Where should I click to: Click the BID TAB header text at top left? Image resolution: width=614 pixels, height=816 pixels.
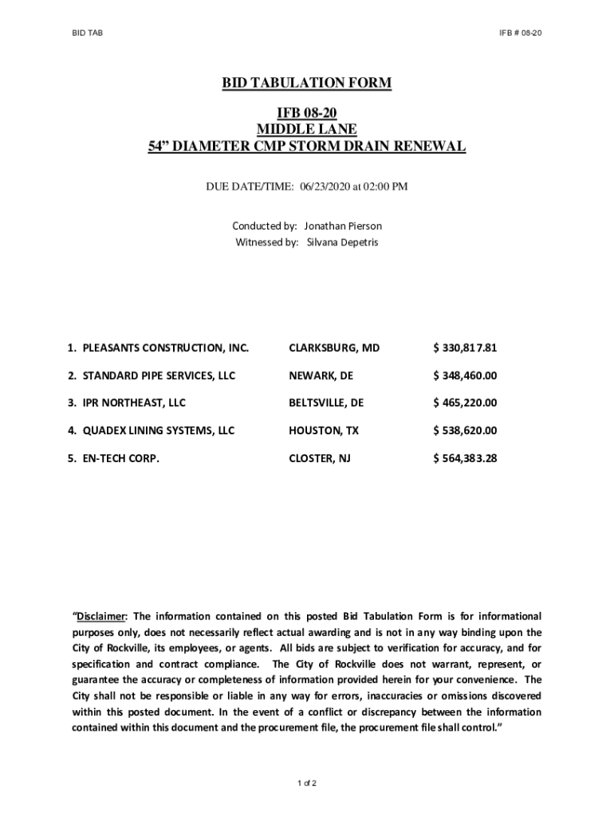coord(85,33)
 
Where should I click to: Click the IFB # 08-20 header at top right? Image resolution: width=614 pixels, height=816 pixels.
coord(520,33)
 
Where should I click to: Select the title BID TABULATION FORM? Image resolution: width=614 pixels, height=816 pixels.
coord(307,83)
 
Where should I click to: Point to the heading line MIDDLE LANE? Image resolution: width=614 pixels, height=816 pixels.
coord(307,129)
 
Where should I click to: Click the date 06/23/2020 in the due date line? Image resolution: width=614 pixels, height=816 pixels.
coord(326,187)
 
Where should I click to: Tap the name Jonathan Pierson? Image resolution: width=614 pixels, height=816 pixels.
coord(343,226)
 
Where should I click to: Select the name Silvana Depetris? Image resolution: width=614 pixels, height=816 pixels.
coord(342,242)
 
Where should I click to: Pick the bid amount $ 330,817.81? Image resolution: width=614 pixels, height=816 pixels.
coord(465,348)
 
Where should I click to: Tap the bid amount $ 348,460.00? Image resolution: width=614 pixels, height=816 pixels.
coord(465,375)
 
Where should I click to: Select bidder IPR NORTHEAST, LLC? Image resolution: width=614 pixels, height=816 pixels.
coord(132,403)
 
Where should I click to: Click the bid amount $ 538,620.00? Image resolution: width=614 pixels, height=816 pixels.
coord(465,430)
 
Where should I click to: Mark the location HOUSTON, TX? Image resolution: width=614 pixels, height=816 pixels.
coord(324,430)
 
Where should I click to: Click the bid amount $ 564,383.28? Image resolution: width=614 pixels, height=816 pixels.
coord(465,458)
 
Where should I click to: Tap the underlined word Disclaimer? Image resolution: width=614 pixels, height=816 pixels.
coord(101,616)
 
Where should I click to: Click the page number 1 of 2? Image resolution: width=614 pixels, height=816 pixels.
coord(307,783)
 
